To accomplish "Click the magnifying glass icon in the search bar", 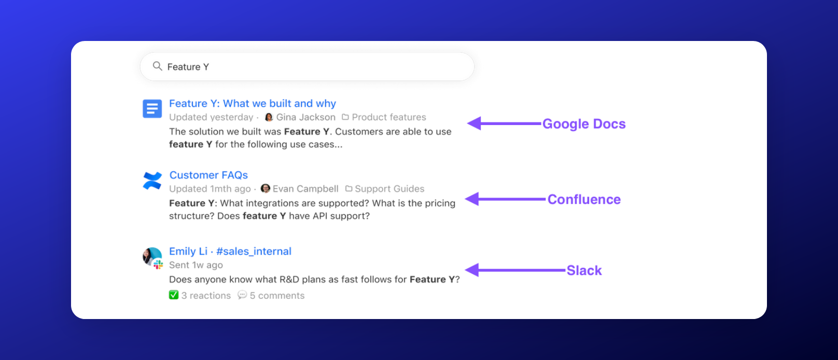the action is point(157,66).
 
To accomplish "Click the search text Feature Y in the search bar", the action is point(188,67).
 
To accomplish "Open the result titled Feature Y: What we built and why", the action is point(253,103).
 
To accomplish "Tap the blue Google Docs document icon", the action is point(152,108).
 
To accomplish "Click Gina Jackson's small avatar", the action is point(269,117).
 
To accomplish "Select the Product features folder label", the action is point(384,117).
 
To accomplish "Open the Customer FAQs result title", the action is point(209,175).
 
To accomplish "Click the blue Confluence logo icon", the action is point(152,181).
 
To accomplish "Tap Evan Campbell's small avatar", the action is point(265,189).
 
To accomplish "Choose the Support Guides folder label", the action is point(385,189).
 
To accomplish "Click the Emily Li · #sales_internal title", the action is point(230,251).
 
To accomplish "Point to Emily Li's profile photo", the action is point(151,256).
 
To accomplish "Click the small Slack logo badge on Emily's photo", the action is point(158,265).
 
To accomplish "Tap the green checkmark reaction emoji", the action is point(174,295).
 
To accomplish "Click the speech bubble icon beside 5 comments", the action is point(242,295).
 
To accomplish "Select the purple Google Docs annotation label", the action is point(584,124).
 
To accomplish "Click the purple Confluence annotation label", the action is point(584,200).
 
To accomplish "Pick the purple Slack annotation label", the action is point(584,270).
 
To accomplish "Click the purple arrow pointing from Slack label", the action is point(515,270).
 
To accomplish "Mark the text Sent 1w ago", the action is point(196,265).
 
